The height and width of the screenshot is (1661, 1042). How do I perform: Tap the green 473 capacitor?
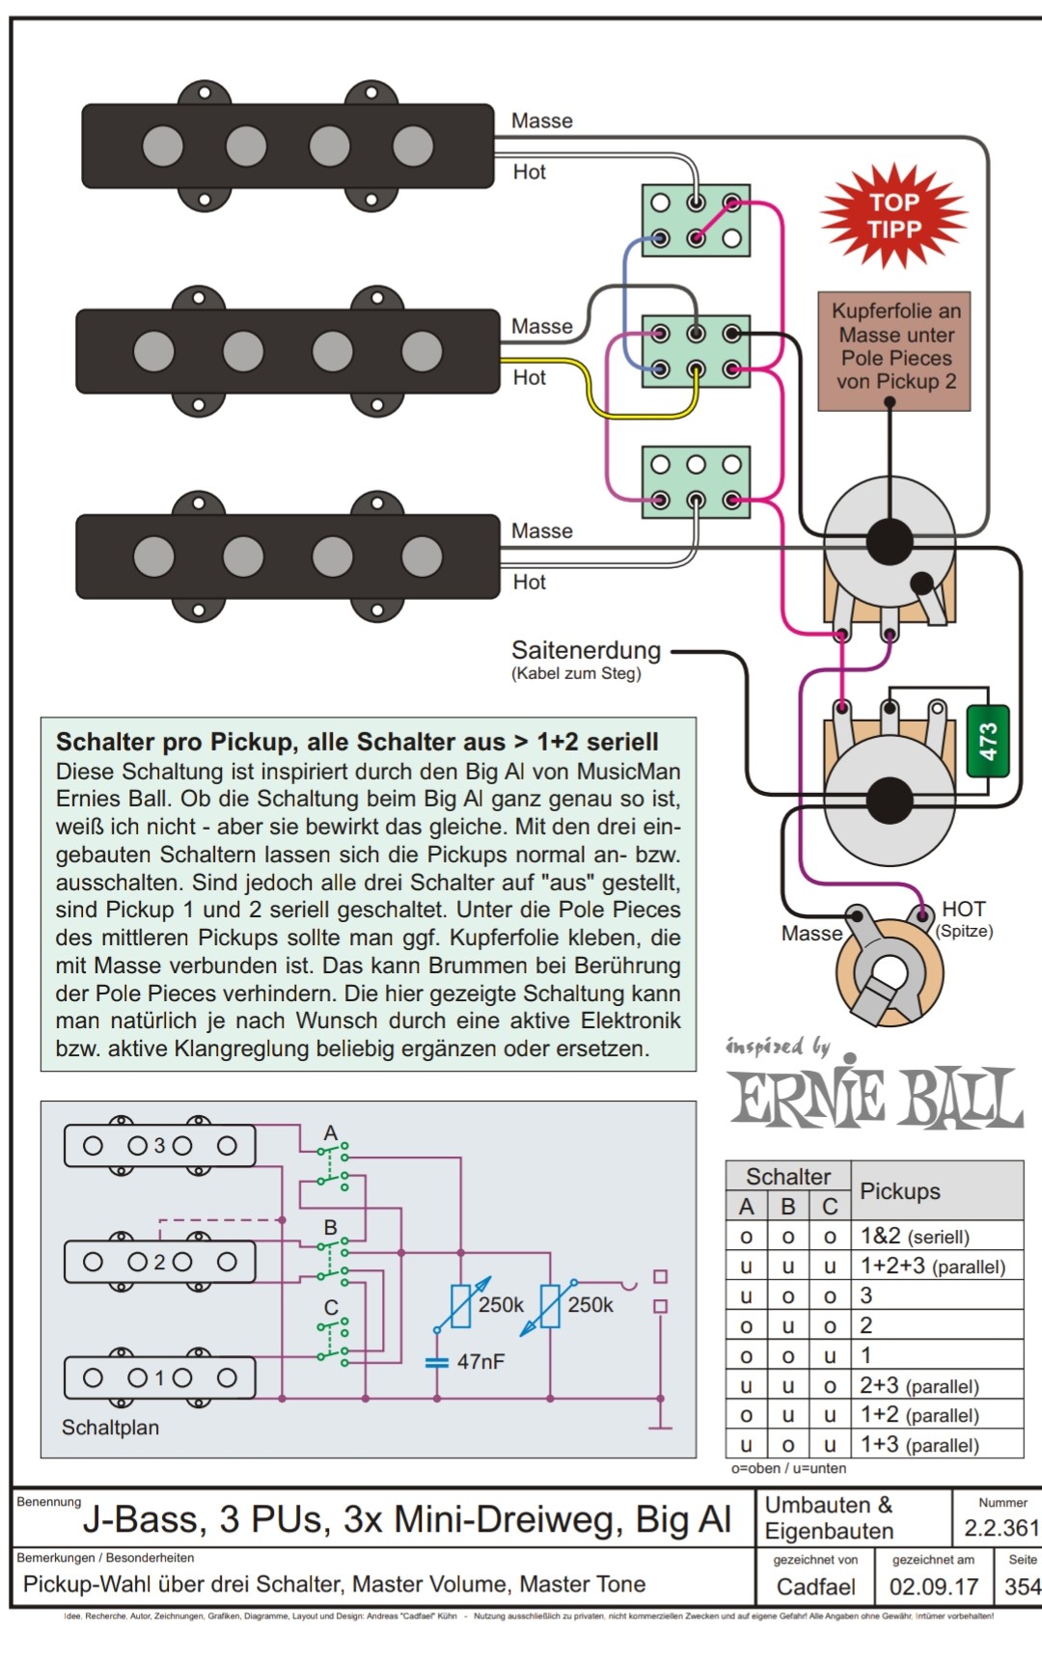987,742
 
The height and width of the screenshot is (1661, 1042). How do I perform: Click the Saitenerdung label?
586,651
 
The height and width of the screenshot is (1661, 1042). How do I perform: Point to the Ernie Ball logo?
875,1098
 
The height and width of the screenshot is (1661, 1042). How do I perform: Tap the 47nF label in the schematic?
480,1362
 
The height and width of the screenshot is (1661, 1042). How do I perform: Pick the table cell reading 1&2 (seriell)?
915,1237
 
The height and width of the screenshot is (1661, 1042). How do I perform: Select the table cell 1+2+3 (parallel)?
932,1266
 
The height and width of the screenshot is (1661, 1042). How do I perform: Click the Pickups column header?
899,1191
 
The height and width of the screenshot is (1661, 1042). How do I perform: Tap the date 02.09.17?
933,1587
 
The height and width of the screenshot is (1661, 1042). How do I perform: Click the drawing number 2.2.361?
1001,1528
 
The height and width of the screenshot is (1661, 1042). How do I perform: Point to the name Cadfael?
815,1587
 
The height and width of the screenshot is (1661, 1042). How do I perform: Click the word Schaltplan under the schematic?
110,1428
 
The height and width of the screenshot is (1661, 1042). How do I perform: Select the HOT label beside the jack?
963,910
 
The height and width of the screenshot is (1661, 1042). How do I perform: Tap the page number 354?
1022,1587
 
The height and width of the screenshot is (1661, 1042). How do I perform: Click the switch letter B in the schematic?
331,1228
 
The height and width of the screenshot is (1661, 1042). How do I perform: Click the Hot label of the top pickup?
529,172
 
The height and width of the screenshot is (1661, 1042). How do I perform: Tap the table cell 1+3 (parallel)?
919,1445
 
